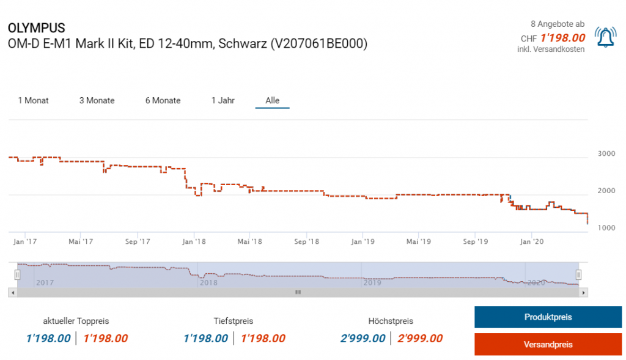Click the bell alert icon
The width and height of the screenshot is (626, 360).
click(x=605, y=37)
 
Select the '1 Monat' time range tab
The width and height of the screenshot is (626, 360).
click(x=34, y=100)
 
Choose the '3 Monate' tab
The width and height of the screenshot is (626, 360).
click(x=97, y=100)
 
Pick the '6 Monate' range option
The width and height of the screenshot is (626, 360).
click(x=163, y=100)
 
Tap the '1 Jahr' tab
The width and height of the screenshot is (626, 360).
click(x=223, y=100)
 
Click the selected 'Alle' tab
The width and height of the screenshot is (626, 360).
click(x=272, y=100)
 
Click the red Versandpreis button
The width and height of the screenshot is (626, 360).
click(x=548, y=344)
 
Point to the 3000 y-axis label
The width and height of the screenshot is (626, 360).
click(x=606, y=153)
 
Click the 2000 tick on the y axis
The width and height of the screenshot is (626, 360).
click(x=606, y=191)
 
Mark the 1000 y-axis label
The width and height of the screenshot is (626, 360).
click(x=606, y=228)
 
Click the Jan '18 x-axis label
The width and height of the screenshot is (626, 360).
click(x=194, y=241)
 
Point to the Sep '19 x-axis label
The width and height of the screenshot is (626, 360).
click(x=475, y=241)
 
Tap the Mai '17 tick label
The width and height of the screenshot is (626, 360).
click(x=81, y=241)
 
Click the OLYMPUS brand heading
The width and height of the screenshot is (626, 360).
click(x=36, y=28)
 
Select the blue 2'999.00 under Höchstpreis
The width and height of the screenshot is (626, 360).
click(x=363, y=338)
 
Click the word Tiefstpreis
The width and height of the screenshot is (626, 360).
click(x=234, y=321)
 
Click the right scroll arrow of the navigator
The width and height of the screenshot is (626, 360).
click(x=584, y=293)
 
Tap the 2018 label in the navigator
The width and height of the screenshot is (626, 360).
click(x=208, y=282)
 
